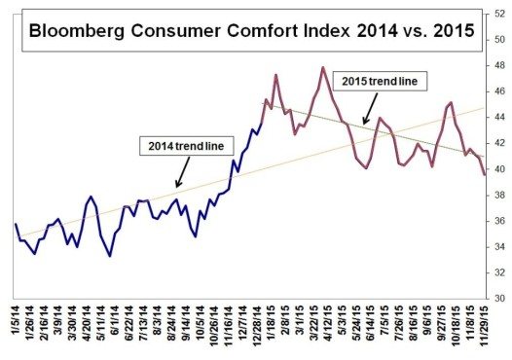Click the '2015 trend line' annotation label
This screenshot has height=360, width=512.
click(377, 82)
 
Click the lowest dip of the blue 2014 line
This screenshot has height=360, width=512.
click(110, 256)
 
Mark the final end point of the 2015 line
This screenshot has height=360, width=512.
click(485, 174)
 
